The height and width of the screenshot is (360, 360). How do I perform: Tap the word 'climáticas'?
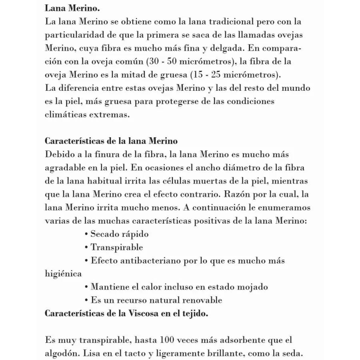[x=65, y=114]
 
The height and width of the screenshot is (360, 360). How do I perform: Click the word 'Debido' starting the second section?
[x=59, y=154]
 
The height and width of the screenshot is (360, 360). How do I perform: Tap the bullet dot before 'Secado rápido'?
[x=87, y=234]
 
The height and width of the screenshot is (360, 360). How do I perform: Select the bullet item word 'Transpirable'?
[x=117, y=248]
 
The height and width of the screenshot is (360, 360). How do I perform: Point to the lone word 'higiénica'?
[x=63, y=274]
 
